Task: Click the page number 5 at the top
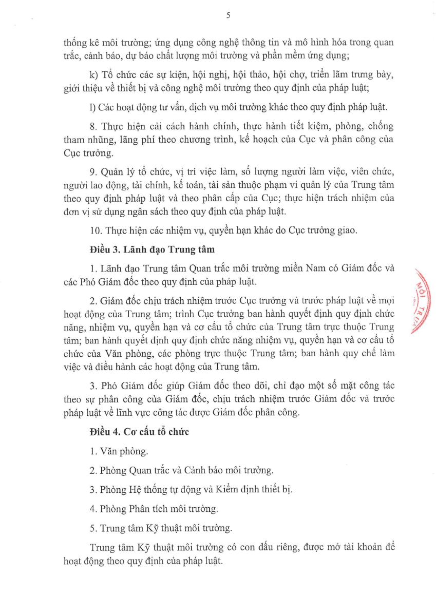(228, 16)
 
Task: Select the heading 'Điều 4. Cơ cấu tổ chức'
(139, 432)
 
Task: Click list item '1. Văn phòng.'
(118, 452)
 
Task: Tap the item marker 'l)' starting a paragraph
(92, 107)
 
